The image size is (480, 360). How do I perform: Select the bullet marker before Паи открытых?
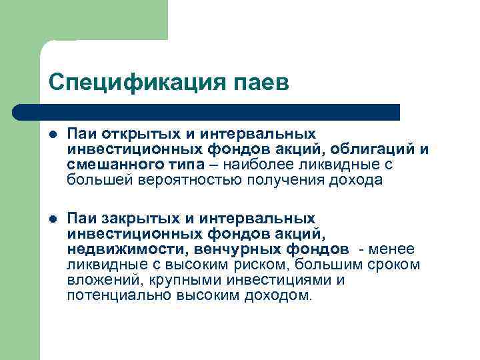53,135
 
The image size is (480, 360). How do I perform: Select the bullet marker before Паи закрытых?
53,219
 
